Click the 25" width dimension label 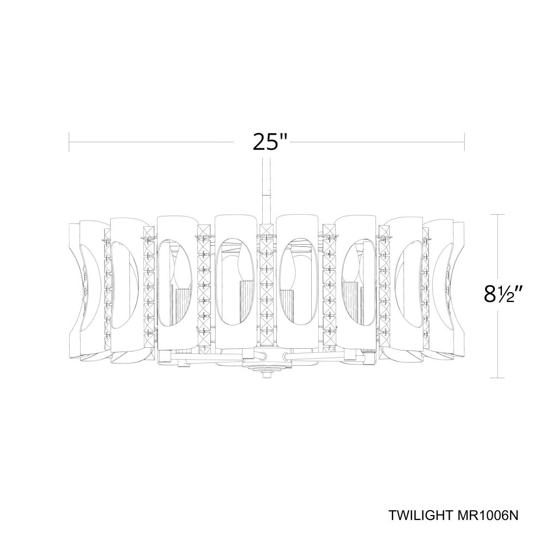pos(270,142)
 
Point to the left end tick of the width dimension pos(69,142)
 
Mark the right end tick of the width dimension pos(464,142)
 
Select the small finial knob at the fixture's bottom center pos(267,375)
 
